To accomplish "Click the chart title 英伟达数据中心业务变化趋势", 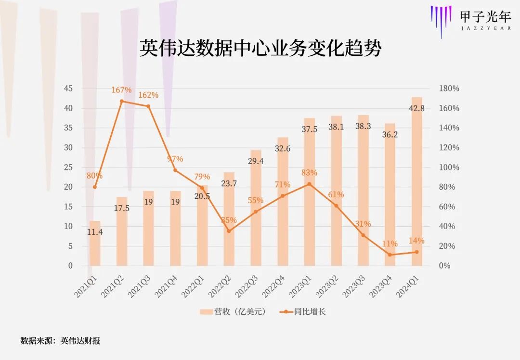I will click(x=260, y=49).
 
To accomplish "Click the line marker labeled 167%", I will click(x=122, y=101).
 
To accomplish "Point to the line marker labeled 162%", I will click(x=148, y=106).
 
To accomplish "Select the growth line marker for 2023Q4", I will click(x=390, y=255).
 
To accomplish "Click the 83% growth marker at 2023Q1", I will click(x=309, y=184).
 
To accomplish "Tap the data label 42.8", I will click(x=416, y=108).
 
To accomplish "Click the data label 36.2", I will click(x=390, y=135).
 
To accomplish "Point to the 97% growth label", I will click(x=175, y=159).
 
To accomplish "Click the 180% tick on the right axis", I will click(x=449, y=89).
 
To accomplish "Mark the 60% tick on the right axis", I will click(x=449, y=207).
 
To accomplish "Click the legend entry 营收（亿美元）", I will click(x=233, y=312).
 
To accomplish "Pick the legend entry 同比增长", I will click(x=303, y=312).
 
